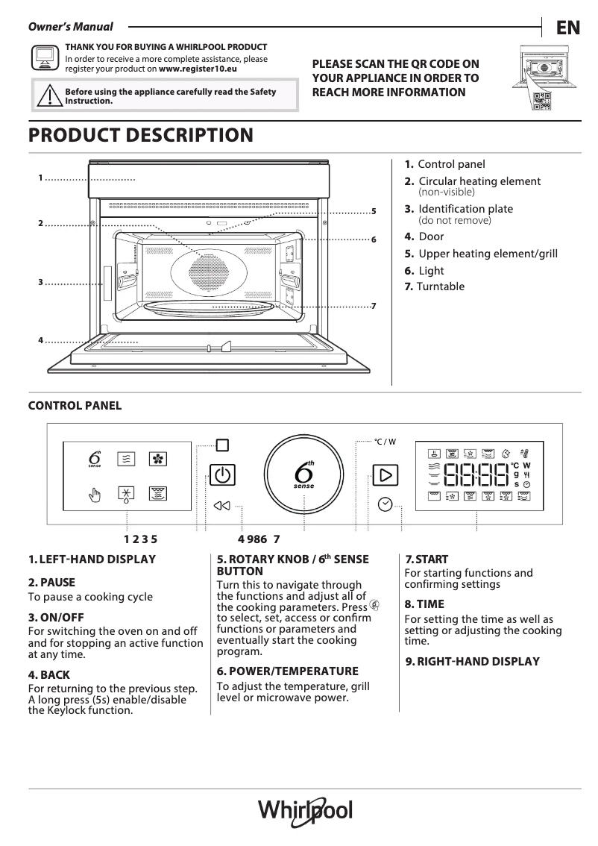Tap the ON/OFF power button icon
click(x=221, y=474)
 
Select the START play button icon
click(x=385, y=474)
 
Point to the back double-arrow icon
click(x=221, y=506)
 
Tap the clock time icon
click(x=385, y=504)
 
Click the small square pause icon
click(x=221, y=445)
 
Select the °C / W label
click(x=385, y=442)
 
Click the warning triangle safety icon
click(x=48, y=96)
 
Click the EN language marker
click(x=567, y=28)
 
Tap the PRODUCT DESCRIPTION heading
click(x=140, y=136)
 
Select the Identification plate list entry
click(x=465, y=209)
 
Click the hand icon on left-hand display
click(x=95, y=493)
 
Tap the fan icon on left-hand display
click(x=157, y=459)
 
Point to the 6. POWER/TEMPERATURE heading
click(x=287, y=671)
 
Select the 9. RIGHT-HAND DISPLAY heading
click(x=472, y=661)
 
